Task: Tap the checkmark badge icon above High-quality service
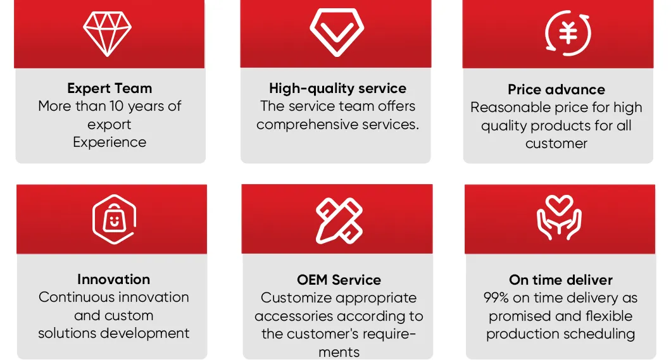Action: pos(336,31)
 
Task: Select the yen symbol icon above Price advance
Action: pos(568,32)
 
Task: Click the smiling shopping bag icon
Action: pos(115,220)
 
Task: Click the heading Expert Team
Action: pos(110,89)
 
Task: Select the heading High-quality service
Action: pos(337,89)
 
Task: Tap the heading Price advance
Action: pos(556,90)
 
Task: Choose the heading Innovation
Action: pos(113,280)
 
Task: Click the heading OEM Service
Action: pos(339,280)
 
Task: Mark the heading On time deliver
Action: pos(561,280)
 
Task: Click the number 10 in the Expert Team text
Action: pos(117,106)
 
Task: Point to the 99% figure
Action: pos(498,298)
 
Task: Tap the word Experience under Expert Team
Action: pos(110,142)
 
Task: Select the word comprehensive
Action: pos(304,125)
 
